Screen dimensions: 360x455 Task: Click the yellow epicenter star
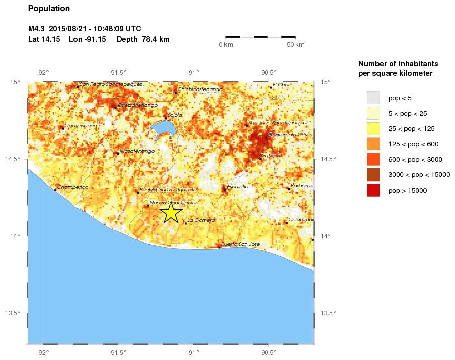click(x=171, y=212)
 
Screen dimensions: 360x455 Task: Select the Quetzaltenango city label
click(x=137, y=105)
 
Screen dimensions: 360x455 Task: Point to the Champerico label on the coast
click(x=72, y=187)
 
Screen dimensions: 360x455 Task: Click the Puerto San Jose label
click(x=241, y=244)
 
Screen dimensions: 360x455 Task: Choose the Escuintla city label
click(x=238, y=187)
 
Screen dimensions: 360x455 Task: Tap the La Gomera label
click(x=201, y=220)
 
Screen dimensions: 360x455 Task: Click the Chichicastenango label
click(x=200, y=89)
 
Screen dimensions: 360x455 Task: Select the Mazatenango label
click(x=137, y=151)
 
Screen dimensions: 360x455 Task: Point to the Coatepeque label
click(x=81, y=125)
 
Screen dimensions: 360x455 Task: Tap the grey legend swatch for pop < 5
click(x=373, y=97)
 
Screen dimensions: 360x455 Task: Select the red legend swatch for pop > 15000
click(x=373, y=190)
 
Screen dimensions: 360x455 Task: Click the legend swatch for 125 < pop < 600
click(x=373, y=144)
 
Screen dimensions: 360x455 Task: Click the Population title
click(x=49, y=9)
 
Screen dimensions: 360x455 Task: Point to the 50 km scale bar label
click(x=295, y=45)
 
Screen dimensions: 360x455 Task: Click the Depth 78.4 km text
click(x=143, y=39)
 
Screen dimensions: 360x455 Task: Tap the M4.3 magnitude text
click(x=36, y=28)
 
